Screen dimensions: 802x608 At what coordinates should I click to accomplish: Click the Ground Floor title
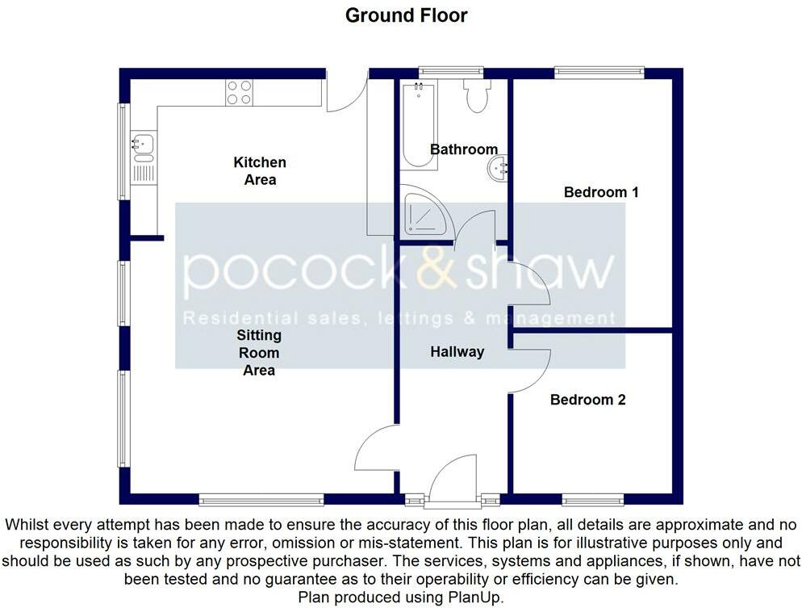tap(406, 15)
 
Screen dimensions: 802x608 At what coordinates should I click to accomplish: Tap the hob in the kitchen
tap(240, 93)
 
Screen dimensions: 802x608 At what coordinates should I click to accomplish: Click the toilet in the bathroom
tap(477, 96)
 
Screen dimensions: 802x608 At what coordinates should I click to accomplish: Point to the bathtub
tap(419, 126)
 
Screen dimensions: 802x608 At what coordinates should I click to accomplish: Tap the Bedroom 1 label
tap(601, 192)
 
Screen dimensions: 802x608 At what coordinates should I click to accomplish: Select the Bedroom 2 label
tap(587, 400)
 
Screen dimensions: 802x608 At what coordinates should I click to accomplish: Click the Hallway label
tap(457, 352)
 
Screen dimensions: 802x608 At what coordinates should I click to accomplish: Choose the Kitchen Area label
tap(260, 171)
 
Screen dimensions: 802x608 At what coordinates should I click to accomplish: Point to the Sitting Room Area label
tap(259, 353)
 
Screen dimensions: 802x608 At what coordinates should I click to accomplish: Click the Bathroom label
tap(464, 149)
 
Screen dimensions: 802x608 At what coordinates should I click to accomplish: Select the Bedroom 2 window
tap(593, 500)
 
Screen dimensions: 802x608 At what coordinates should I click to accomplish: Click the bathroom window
tap(450, 72)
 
